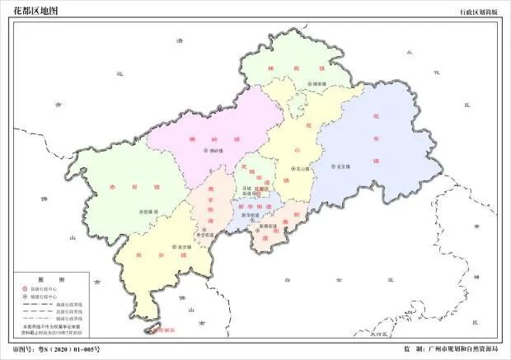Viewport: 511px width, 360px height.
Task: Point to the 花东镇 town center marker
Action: pos(332,167)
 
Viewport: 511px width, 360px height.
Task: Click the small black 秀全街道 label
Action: pos(204,236)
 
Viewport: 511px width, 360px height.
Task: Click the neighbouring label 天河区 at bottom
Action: pos(377,335)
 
